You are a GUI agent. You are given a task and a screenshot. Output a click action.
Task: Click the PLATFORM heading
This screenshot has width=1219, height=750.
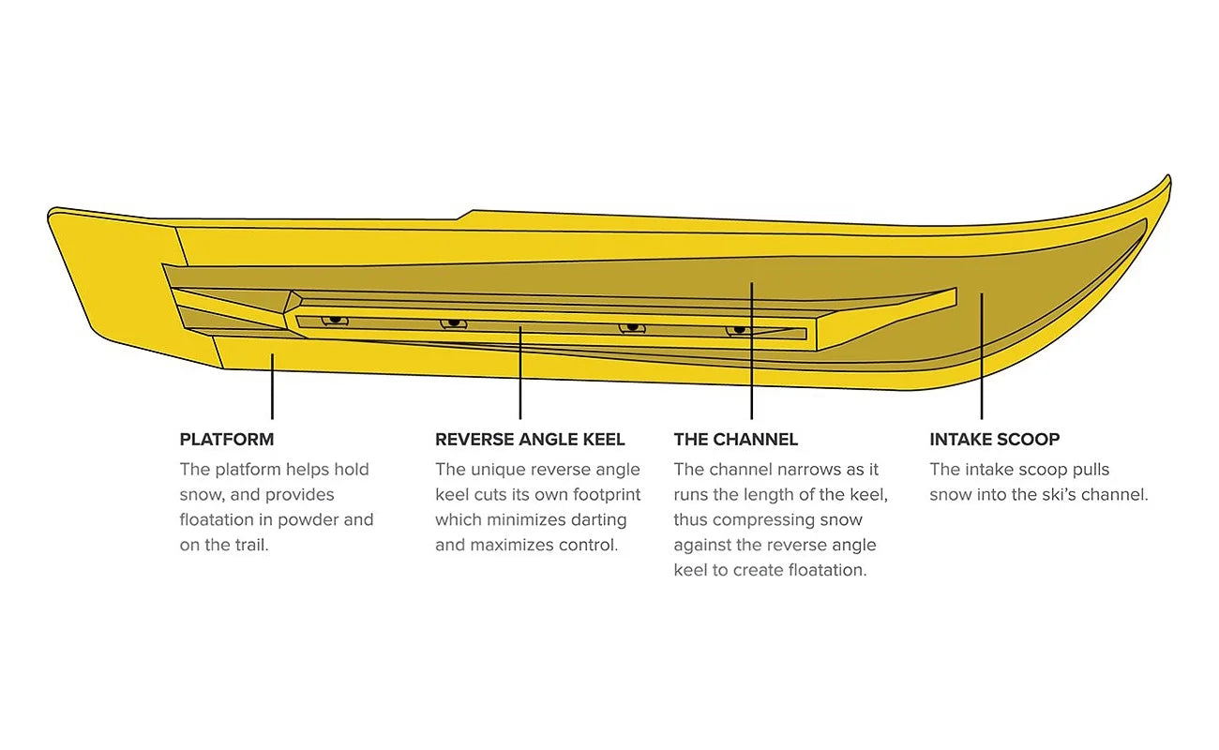click(x=227, y=440)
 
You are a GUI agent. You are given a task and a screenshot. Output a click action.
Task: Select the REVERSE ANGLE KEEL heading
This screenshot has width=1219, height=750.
click(x=530, y=440)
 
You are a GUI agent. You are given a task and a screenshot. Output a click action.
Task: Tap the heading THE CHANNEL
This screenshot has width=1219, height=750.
click(x=736, y=440)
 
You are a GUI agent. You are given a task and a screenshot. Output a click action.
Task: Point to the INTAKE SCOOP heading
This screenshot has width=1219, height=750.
click(x=994, y=440)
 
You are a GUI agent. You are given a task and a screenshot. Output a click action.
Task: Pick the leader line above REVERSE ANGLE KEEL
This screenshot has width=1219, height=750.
click(x=520, y=373)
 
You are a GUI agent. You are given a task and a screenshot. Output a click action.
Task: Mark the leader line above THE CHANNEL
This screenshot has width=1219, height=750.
click(x=751, y=351)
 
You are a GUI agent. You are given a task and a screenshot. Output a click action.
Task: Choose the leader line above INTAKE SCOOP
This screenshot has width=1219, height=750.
click(x=982, y=356)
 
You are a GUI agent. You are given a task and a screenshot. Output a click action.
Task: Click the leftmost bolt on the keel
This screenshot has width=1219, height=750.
click(x=335, y=320)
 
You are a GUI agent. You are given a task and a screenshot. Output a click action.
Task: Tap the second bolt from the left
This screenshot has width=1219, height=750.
click(x=453, y=323)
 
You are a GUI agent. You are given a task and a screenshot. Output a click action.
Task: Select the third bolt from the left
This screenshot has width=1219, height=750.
click(x=632, y=327)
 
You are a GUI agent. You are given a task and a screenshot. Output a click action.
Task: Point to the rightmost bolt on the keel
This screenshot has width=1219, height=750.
click(x=739, y=330)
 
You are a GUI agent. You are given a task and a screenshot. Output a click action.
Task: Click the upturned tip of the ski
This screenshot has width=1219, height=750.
click(x=1166, y=181)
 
